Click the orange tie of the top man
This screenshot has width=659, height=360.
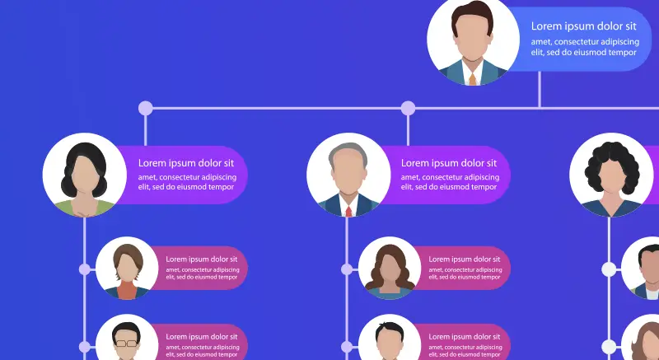coord(473,79)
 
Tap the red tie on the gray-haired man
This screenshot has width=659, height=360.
coord(349,211)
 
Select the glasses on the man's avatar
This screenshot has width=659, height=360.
coord(126,342)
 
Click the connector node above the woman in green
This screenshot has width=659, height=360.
coord(146,108)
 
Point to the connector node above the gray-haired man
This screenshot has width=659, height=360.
coord(408,108)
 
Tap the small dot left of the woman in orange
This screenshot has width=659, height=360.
coord(84,269)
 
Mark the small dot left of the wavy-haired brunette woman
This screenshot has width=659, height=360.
coord(347,269)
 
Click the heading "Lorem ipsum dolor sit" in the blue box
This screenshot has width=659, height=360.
coord(583,26)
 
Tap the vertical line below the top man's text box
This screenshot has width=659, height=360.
coord(540,89)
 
